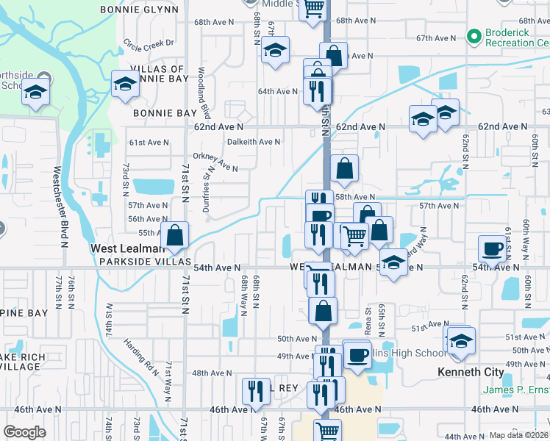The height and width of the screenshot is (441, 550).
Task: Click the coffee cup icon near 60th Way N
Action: [x=493, y=248]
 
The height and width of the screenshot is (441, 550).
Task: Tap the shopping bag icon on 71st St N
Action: [x=175, y=236]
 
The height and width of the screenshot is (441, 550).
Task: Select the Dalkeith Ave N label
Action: [x=254, y=142]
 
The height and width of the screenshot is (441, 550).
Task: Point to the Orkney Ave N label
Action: [x=215, y=162]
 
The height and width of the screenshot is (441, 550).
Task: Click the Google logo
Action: [x=25, y=431]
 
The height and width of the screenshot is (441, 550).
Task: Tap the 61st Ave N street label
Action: [x=149, y=143]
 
